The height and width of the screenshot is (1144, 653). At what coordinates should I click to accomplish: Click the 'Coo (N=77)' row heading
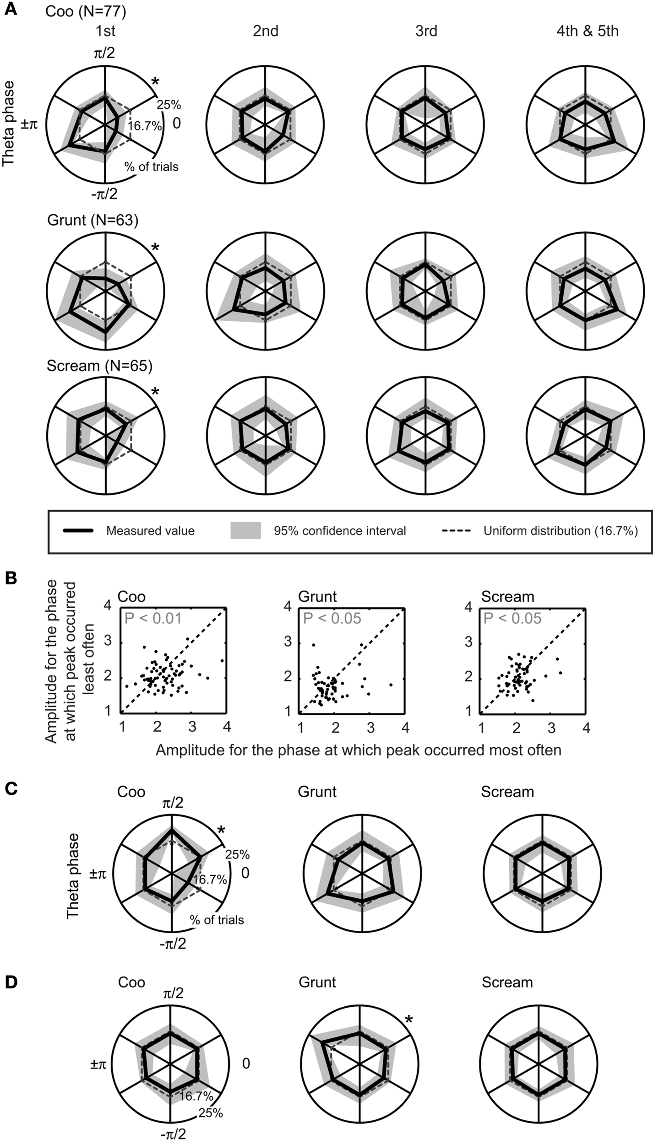(86, 11)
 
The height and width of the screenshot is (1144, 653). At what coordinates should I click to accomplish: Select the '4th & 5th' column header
(588, 31)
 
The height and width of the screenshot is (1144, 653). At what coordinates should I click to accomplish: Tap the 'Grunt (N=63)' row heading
(93, 221)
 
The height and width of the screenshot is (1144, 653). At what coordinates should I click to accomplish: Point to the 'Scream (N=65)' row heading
(99, 366)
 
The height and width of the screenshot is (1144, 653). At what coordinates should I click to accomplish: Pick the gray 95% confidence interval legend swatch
(245, 530)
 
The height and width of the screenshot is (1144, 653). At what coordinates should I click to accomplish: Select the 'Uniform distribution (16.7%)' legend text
(560, 531)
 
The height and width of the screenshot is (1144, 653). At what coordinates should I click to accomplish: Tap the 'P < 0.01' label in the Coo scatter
(153, 619)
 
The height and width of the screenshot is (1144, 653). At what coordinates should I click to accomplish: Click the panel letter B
(11, 578)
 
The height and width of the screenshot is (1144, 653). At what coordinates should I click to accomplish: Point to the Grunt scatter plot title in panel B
(317, 597)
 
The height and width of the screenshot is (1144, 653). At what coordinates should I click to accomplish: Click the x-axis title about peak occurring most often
(358, 750)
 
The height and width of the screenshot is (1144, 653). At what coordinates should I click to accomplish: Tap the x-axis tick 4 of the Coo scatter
(227, 728)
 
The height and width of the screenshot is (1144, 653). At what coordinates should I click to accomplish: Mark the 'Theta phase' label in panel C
(73, 875)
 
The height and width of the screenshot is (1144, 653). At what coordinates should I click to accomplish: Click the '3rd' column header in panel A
(426, 31)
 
